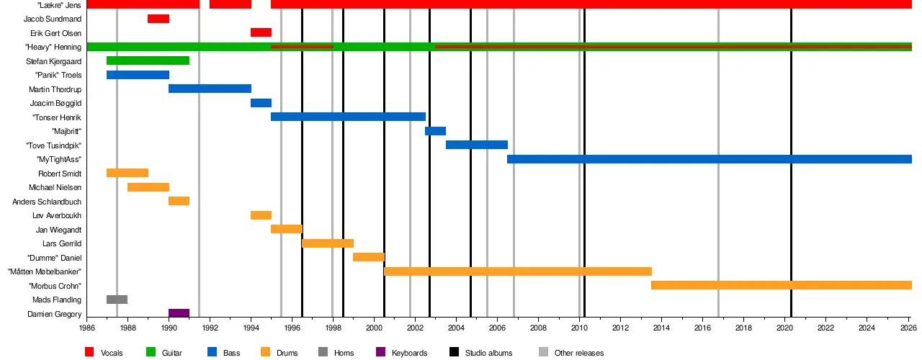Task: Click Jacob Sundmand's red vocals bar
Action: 158,19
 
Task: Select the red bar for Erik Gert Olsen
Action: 261,32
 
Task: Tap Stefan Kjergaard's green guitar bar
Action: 148,60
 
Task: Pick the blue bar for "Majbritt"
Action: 436,131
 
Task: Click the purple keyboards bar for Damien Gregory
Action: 179,313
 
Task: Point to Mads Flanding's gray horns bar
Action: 117,300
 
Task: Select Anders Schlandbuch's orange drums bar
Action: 179,201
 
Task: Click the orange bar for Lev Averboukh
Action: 261,215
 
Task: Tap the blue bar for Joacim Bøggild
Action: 261,103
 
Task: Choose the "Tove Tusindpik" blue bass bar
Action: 477,145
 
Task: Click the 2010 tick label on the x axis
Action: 579,328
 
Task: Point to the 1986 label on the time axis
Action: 87,328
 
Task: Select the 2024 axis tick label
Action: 867,328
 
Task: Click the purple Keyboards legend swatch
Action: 381,352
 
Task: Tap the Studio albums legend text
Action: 488,353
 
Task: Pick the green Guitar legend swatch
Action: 151,352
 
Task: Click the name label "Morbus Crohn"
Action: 55,286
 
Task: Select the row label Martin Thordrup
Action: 55,89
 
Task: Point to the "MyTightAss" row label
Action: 59,159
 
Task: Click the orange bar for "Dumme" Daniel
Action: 369,257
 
